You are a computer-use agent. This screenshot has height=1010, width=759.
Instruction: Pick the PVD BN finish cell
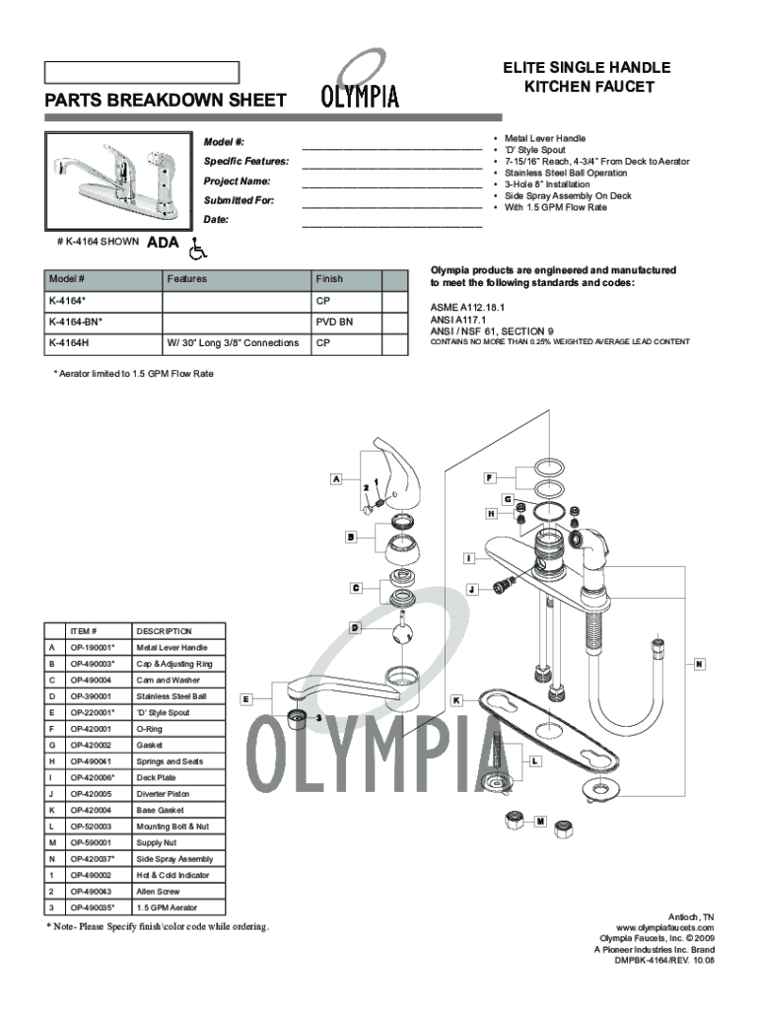point(334,322)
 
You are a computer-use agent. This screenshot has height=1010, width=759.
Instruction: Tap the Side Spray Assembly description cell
point(174,859)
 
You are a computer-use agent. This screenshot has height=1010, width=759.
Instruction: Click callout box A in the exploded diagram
point(336,479)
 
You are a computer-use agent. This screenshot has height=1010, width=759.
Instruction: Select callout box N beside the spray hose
point(697,663)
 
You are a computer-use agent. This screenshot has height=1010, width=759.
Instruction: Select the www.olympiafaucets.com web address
point(663,928)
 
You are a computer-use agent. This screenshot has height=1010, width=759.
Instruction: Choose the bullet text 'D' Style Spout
point(537,150)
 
